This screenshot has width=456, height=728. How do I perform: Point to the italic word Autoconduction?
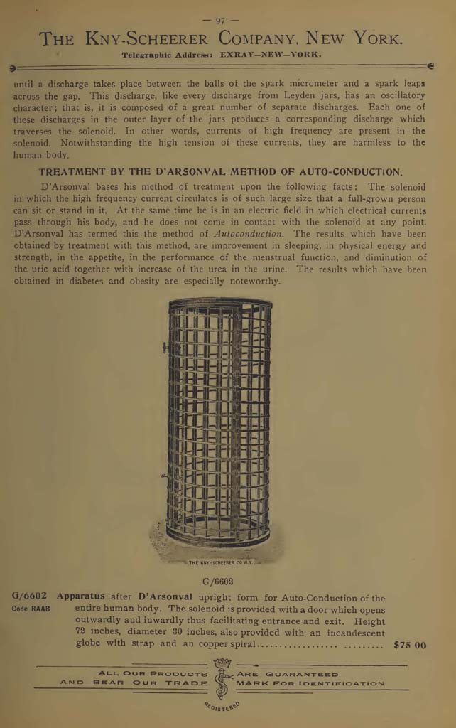click(249, 233)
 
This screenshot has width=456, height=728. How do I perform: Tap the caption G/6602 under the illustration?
click(217, 581)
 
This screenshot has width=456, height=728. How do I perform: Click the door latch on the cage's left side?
click(165, 348)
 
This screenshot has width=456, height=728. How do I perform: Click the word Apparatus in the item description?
click(80, 597)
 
